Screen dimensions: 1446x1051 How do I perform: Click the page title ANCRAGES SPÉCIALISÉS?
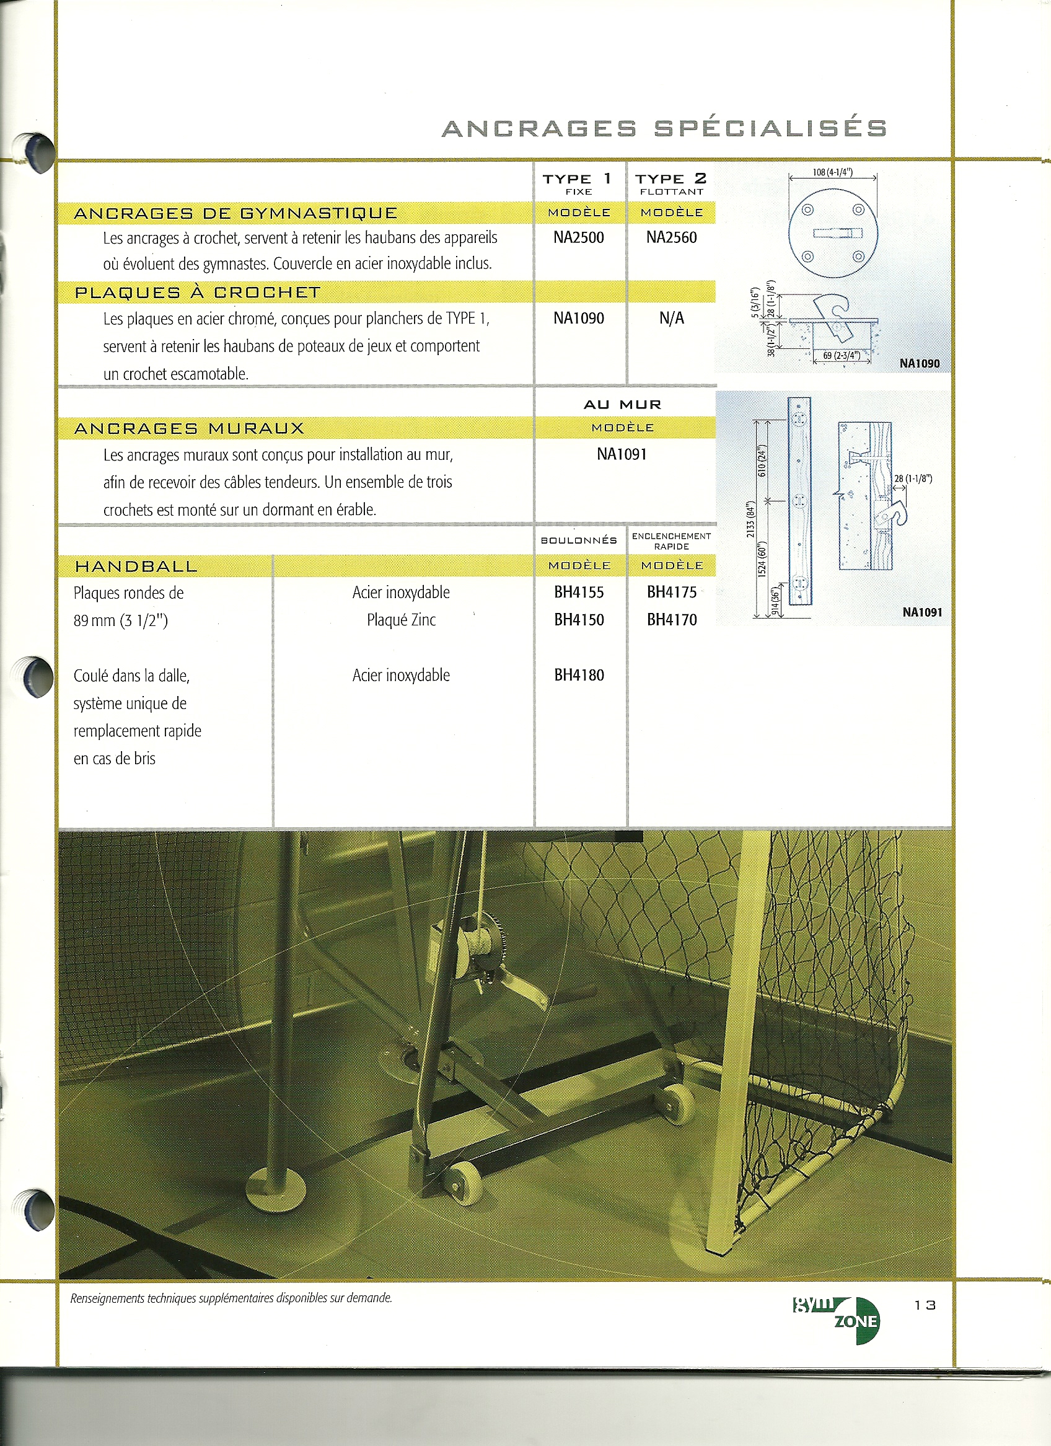coord(664,128)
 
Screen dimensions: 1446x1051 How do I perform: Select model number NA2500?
coord(579,238)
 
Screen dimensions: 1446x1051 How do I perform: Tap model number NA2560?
coord(671,238)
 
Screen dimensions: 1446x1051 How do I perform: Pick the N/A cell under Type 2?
coord(671,318)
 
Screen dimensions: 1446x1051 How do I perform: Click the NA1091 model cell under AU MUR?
coord(622,454)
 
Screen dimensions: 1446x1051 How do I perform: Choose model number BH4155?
coord(579,593)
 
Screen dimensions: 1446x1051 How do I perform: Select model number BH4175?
coord(672,593)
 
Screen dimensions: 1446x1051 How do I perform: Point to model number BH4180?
coord(579,675)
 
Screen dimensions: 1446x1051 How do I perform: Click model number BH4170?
coord(672,620)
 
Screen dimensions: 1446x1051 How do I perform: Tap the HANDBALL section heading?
coord(136,566)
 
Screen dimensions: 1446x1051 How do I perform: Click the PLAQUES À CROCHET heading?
coord(198,293)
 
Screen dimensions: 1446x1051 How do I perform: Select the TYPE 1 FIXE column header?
coord(578,183)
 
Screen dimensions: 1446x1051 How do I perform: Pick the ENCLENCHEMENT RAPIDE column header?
coord(672,540)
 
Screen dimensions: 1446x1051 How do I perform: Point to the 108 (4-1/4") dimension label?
coord(832,172)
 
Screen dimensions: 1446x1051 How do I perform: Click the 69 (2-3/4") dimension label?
coord(842,356)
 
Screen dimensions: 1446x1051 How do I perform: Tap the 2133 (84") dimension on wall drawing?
coord(751,519)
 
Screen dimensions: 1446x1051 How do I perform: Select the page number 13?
coord(925,1305)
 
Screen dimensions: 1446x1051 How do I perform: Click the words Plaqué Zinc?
coord(401,620)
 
